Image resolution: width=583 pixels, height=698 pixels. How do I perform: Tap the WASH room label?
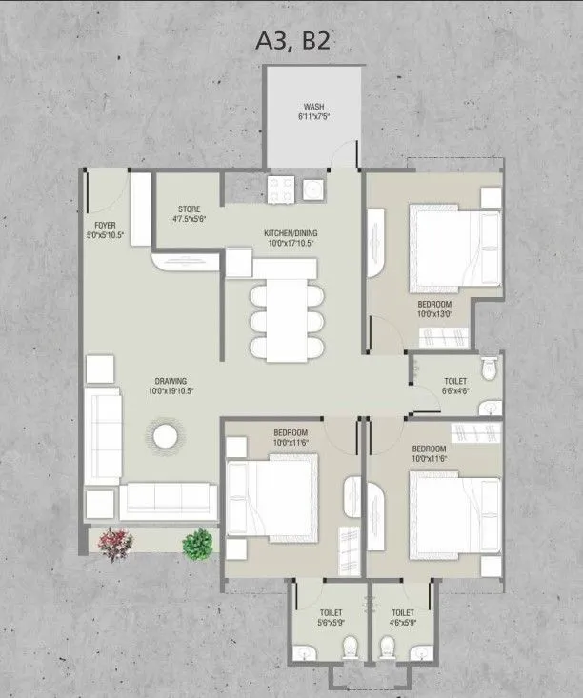tap(313, 107)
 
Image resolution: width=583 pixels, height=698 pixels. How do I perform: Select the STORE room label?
tap(189, 209)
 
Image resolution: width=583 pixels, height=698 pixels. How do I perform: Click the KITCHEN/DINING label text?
tap(291, 232)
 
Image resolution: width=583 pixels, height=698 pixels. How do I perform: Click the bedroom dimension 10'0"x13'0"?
tap(434, 312)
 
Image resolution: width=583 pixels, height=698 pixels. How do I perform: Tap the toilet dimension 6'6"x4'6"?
tap(454, 389)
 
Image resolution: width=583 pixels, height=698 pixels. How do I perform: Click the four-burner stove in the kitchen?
tap(279, 189)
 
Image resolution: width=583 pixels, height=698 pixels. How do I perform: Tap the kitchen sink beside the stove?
tap(313, 189)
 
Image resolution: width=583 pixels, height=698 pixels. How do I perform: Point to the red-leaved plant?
tap(113, 543)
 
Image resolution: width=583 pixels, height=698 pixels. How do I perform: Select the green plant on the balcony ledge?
tap(197, 544)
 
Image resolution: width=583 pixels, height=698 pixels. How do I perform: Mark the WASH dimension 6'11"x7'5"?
tap(313, 117)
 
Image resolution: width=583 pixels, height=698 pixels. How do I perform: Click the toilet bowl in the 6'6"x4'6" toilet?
tap(489, 368)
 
